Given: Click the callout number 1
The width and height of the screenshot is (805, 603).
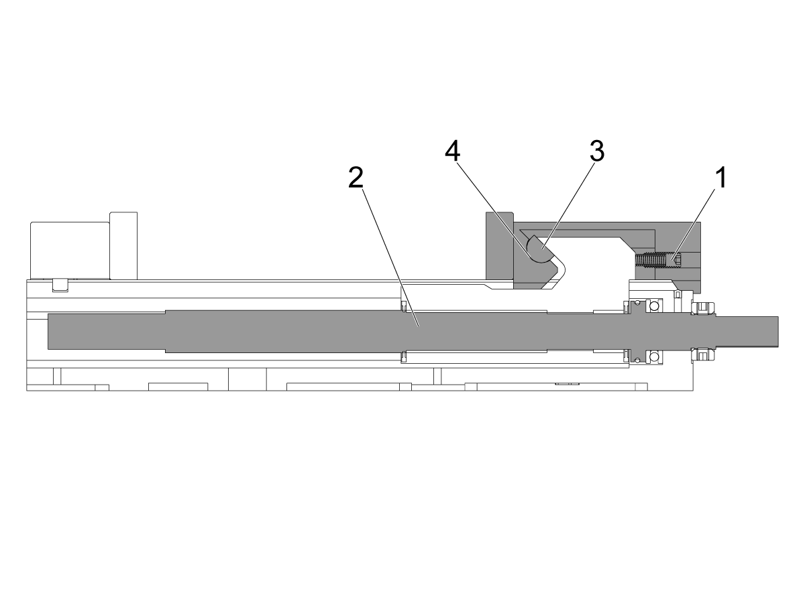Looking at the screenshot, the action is pyautogui.click(x=720, y=178).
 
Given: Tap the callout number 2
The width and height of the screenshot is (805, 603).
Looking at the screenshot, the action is pyautogui.click(x=356, y=178).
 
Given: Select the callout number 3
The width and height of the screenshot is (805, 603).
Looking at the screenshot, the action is pyautogui.click(x=597, y=151).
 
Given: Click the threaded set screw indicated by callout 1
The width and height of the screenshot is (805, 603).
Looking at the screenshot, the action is pyautogui.click(x=658, y=260).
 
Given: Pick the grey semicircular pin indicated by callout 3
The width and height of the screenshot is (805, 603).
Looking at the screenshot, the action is pyautogui.click(x=540, y=250).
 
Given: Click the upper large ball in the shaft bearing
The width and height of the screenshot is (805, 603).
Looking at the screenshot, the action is pyautogui.click(x=654, y=305).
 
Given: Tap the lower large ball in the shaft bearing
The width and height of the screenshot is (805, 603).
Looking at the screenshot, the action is pyautogui.click(x=654, y=356).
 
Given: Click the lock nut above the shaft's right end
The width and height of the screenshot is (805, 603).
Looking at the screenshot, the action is pyautogui.click(x=703, y=308).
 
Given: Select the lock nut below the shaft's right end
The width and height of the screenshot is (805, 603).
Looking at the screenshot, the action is pyautogui.click(x=703, y=354).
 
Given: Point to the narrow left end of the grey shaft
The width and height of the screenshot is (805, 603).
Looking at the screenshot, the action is pyautogui.click(x=107, y=332).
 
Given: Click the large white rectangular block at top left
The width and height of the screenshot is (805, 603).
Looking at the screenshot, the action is pyautogui.click(x=70, y=251).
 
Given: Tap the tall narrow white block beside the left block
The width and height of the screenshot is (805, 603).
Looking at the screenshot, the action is pyautogui.click(x=123, y=246).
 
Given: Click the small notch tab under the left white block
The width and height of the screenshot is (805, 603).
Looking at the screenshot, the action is pyautogui.click(x=60, y=285).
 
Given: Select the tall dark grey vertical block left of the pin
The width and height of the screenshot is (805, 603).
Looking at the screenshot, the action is pyautogui.click(x=500, y=250).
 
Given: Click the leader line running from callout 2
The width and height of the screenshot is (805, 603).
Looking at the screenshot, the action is pyautogui.click(x=391, y=257).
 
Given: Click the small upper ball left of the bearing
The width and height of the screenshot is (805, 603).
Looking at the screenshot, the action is pyautogui.click(x=638, y=302).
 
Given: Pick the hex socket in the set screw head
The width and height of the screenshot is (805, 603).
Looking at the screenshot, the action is pyautogui.click(x=678, y=261).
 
